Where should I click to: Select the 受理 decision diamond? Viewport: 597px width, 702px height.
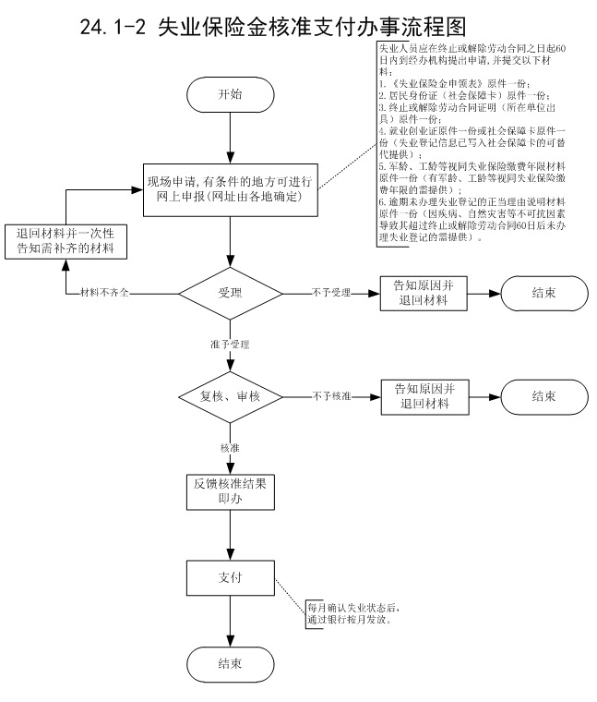230,294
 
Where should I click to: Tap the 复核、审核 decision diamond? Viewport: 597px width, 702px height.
230,397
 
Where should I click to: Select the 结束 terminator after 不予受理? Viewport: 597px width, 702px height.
543,294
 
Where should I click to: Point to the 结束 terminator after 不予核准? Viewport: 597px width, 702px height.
543,397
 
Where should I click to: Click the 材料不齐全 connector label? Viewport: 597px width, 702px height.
109,294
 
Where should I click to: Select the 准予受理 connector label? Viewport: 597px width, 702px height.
230,345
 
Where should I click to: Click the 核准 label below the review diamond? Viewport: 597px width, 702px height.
230,448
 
